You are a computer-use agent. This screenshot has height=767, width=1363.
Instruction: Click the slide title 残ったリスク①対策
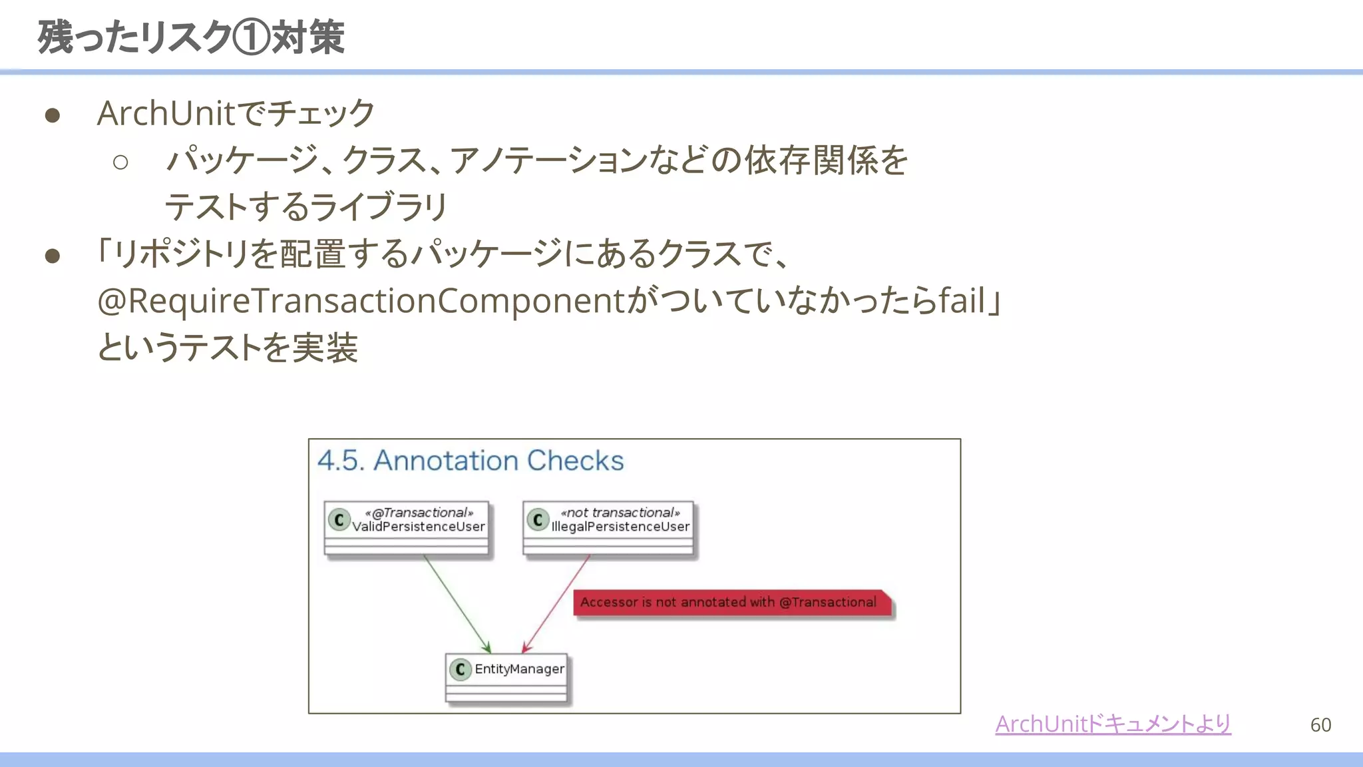point(192,37)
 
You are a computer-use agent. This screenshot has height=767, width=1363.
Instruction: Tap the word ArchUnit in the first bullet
point(166,113)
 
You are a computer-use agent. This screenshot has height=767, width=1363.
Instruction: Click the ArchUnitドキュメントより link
point(1113,724)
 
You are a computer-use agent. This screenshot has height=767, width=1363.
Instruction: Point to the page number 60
point(1320,724)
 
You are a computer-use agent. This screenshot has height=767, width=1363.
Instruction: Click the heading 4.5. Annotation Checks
point(471,461)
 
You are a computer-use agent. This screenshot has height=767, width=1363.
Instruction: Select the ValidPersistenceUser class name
point(419,527)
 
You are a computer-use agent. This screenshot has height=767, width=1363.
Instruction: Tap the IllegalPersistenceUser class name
point(620,527)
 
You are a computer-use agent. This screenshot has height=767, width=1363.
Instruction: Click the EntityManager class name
point(519,669)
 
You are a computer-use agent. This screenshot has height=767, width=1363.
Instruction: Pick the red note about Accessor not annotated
point(729,603)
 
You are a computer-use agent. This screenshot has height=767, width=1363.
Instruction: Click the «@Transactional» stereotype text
point(419,513)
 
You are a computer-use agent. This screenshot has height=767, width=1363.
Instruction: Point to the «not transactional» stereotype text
point(620,513)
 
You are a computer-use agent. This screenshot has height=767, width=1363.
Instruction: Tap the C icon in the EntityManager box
point(460,669)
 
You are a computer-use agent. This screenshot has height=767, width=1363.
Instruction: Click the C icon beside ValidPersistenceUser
point(339,519)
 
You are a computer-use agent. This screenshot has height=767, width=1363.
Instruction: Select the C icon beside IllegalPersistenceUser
point(538,519)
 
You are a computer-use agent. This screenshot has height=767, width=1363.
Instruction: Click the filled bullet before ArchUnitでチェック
point(53,116)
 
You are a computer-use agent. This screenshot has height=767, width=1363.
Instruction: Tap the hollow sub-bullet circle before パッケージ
point(120,162)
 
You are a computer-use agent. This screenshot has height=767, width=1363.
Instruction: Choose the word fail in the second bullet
point(961,301)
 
